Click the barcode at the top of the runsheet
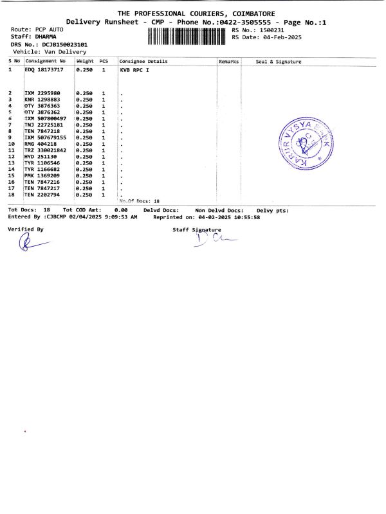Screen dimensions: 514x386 coord(188,35)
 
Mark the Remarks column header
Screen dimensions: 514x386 coord(229,62)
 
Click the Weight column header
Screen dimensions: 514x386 coord(85,62)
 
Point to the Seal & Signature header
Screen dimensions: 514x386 coord(279,62)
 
